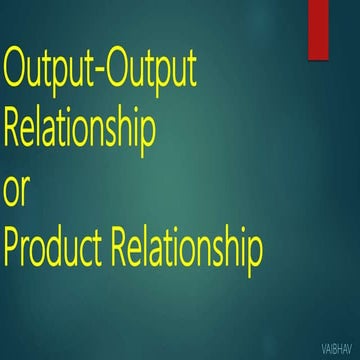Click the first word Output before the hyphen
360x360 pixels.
pyautogui.click(x=52, y=72)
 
